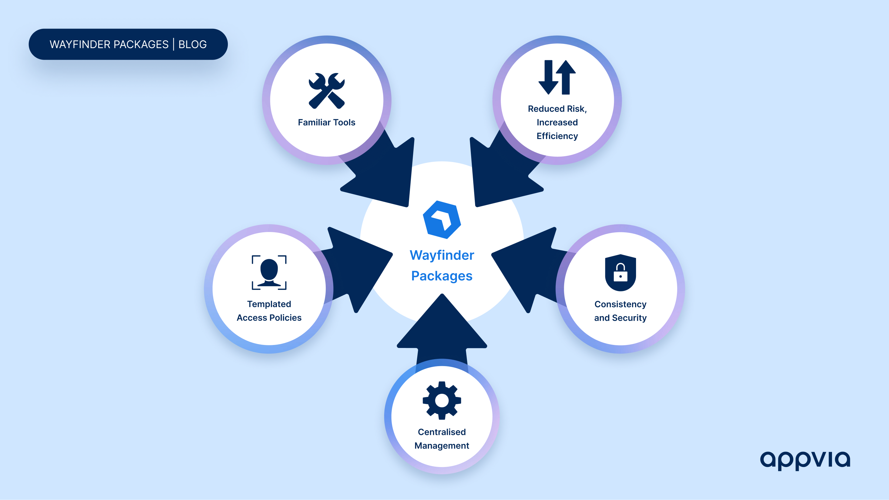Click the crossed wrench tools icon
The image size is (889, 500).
[x=326, y=91]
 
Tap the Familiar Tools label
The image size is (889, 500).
[x=326, y=122]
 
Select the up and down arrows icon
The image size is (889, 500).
[x=557, y=77]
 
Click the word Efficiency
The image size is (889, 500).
[x=557, y=136]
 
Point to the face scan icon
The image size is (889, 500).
[x=269, y=273]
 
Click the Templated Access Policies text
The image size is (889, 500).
[x=269, y=311]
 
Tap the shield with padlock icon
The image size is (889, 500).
[x=620, y=273]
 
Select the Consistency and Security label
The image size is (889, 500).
[x=620, y=311]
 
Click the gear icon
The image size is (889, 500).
[x=442, y=400]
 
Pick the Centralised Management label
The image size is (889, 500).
[x=442, y=439]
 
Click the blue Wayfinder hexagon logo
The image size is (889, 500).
[x=442, y=220]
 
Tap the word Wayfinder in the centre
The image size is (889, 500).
[x=442, y=255]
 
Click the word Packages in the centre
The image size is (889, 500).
[x=442, y=276]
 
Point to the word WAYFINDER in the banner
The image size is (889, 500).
[x=81, y=45]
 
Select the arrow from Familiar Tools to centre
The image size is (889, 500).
[x=383, y=172]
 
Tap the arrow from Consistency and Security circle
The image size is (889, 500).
[x=528, y=269]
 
